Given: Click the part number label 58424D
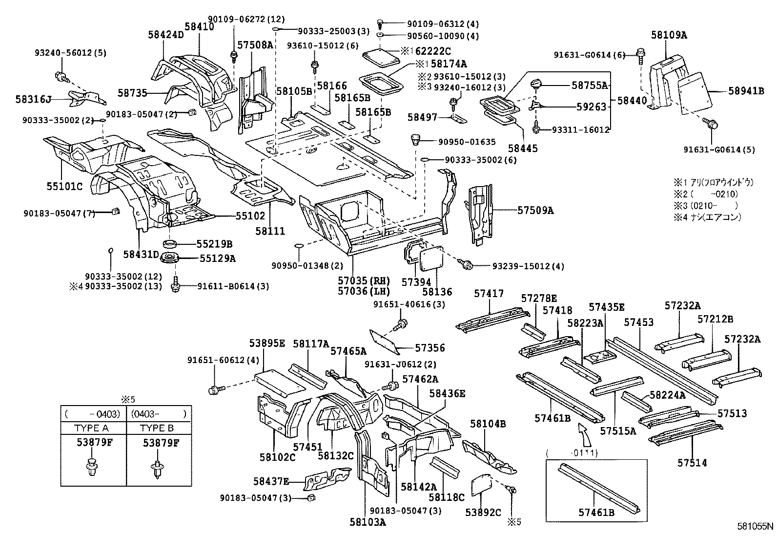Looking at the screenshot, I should pyautogui.click(x=166, y=35).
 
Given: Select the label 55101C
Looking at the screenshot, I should pyautogui.click(x=64, y=186).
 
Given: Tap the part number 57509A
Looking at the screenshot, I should pyautogui.click(x=536, y=211).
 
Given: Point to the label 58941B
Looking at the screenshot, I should pyautogui.click(x=746, y=90).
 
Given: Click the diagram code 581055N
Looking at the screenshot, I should pyautogui.click(x=755, y=527).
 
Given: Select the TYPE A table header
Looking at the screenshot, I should pyautogui.click(x=91, y=428).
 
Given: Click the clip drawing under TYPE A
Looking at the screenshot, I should pyautogui.click(x=92, y=467).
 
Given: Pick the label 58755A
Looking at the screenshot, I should pyautogui.click(x=590, y=85).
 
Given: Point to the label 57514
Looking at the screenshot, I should pyautogui.click(x=692, y=462).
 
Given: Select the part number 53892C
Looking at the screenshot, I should pyautogui.click(x=483, y=513).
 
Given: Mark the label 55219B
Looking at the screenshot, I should pyautogui.click(x=214, y=244).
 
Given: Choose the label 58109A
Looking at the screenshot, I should pyautogui.click(x=669, y=35).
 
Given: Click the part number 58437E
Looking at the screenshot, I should pyautogui.click(x=271, y=481).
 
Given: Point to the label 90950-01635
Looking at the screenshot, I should pyautogui.click(x=467, y=142).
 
